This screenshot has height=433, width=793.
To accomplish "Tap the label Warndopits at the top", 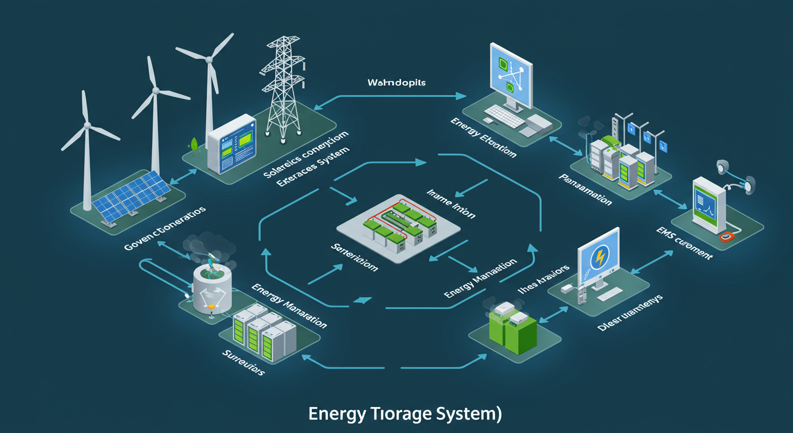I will pos(396,83).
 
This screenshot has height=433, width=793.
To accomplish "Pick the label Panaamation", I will pos(585,189).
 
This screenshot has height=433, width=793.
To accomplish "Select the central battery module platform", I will pos(398,226).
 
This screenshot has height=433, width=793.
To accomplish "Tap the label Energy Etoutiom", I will pos(483,138).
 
